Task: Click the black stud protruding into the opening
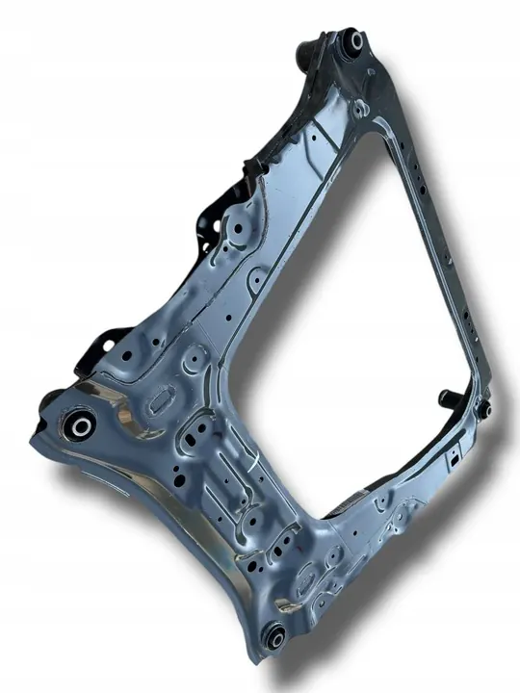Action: point(448,397)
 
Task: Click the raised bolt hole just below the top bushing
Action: point(358,107)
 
